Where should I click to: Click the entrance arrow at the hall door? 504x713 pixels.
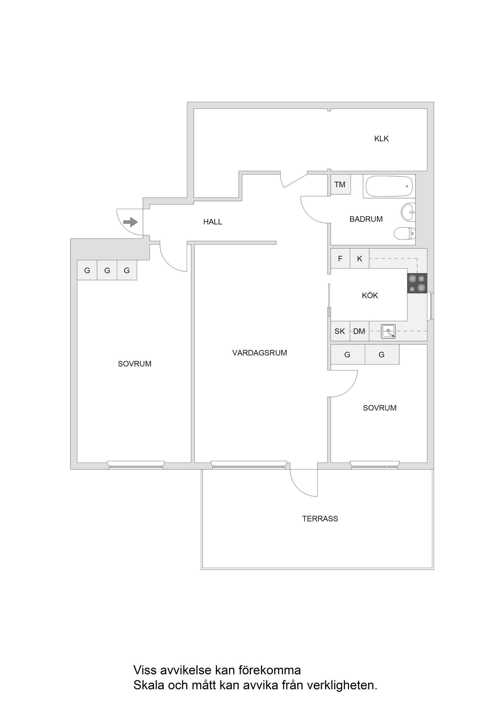tap(130, 222)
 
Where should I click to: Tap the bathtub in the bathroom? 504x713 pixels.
tap(389, 186)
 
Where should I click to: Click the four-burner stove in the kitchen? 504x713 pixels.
tap(417, 283)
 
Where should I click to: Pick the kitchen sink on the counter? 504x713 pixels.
tap(388, 331)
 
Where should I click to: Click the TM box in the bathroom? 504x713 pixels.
tap(340, 185)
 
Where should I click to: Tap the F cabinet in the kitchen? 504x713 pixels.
tap(340, 258)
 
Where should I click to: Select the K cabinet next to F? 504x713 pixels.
tap(360, 258)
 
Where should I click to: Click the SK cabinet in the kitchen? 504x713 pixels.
tap(340, 331)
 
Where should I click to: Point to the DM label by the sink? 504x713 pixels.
tap(359, 331)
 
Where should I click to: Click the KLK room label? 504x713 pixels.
tap(381, 139)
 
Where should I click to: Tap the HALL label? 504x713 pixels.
tap(213, 222)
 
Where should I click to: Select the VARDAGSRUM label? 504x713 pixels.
tap(260, 353)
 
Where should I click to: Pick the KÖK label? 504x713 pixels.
tap(370, 295)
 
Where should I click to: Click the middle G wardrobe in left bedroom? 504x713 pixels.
tap(107, 270)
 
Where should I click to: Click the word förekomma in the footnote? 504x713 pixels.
tap(270, 670)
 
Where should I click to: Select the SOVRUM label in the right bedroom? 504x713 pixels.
tap(380, 408)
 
